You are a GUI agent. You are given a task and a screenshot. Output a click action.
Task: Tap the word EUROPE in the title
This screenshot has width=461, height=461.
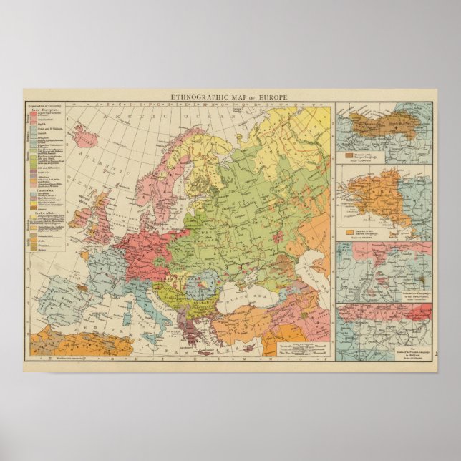click(x=273, y=97)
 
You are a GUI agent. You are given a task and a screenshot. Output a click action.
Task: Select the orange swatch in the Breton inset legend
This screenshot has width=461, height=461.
click(x=349, y=232)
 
